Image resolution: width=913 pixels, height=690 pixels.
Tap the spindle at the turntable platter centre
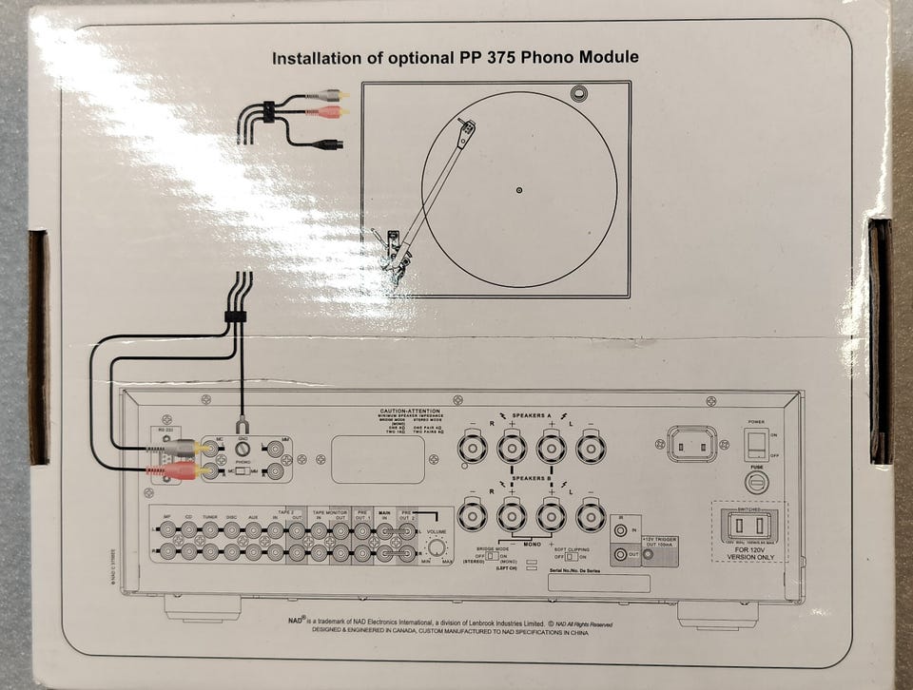click(x=518, y=190)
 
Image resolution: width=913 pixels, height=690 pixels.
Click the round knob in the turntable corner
click(x=579, y=93)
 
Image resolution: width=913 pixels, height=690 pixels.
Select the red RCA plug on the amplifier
click(x=181, y=470)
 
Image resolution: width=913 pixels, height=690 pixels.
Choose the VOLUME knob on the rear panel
click(x=437, y=547)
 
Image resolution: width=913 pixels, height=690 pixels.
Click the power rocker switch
click(x=756, y=444)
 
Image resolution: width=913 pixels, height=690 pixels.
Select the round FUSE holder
click(x=757, y=483)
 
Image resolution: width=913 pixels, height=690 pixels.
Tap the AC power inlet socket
click(x=691, y=444)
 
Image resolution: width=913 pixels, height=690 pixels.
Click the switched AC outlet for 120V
click(x=750, y=524)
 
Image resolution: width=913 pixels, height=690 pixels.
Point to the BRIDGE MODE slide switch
click(x=492, y=556)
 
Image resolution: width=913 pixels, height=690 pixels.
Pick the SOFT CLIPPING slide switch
click(x=570, y=556)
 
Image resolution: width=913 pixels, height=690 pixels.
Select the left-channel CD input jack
click(x=189, y=527)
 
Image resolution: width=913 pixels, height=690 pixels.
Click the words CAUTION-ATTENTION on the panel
click(x=409, y=411)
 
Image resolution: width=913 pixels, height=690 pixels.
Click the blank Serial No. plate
click(x=599, y=583)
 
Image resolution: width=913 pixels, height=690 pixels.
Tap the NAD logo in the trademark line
click(x=293, y=623)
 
